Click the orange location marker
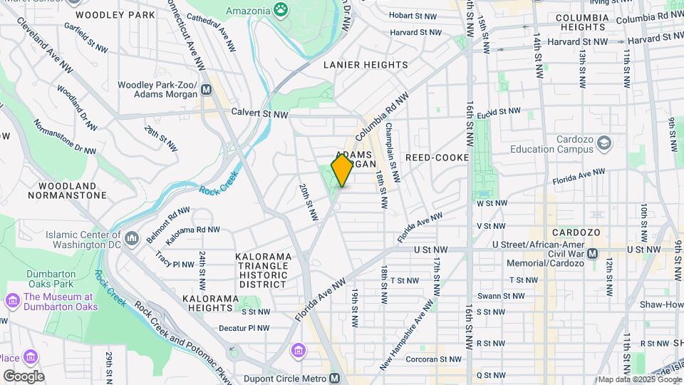coord(342,170)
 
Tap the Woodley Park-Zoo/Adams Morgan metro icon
coord(207,90)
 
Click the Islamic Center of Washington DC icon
coord(131,237)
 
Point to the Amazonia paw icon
coord(282,10)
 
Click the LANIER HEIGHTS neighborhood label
coord(366,64)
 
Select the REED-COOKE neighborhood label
coord(437,157)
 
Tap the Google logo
coord(24,376)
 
